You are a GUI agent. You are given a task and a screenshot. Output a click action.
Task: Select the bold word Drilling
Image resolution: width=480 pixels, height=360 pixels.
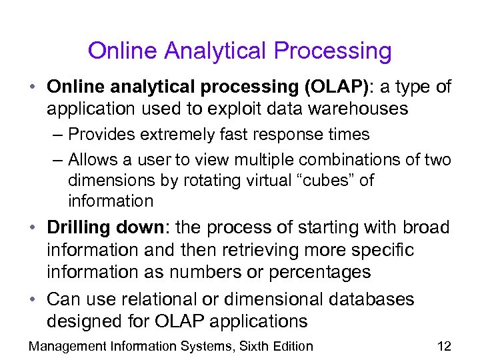click(x=79, y=227)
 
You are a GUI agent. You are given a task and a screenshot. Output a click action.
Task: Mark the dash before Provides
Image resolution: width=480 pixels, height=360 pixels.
click(x=57, y=135)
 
